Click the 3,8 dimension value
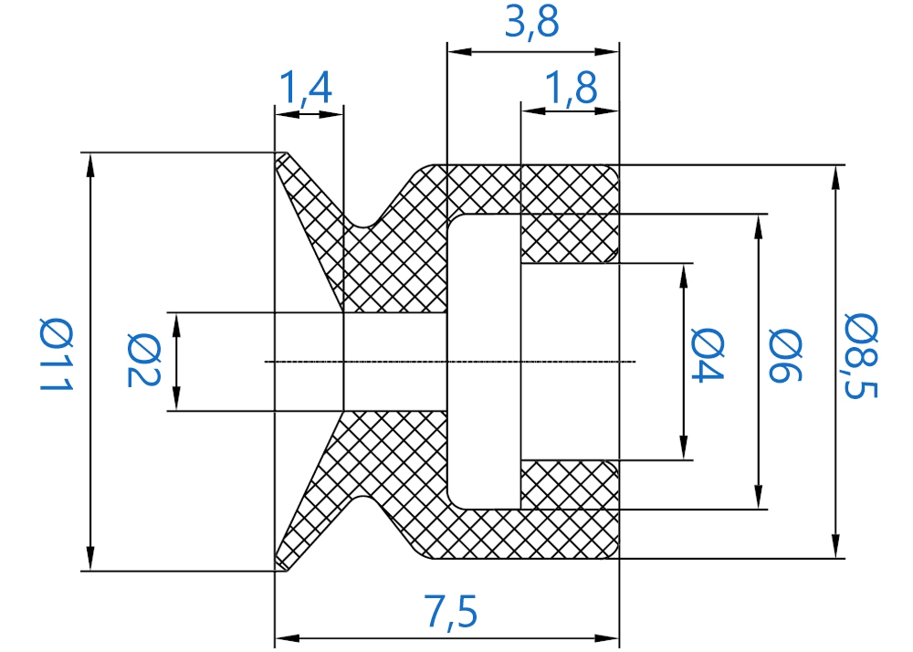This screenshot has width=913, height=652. pos(531,23)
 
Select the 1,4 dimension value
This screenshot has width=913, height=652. pos(306,88)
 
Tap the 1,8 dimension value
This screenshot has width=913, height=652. pos(571,88)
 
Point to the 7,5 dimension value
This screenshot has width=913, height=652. pos(451,611)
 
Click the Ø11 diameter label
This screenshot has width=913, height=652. pos(56,355)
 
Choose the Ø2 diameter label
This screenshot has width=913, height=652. pos(143,361)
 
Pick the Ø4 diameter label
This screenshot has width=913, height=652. pos(708,355)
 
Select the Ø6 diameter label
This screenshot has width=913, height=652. pos(785,355)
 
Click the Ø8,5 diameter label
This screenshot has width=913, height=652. pos(861,356)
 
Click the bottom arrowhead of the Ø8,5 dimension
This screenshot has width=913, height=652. pos(835,547)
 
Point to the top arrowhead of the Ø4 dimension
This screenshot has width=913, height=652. pos(684,275)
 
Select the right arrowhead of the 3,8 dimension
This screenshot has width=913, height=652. pos(607,52)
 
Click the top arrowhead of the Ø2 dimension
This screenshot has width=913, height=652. pos(176,323)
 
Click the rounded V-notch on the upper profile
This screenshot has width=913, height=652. pos(364,225)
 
